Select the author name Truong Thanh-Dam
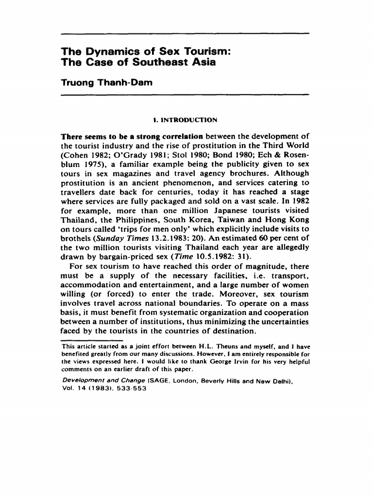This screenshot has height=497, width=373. pyautogui.click(x=106, y=83)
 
